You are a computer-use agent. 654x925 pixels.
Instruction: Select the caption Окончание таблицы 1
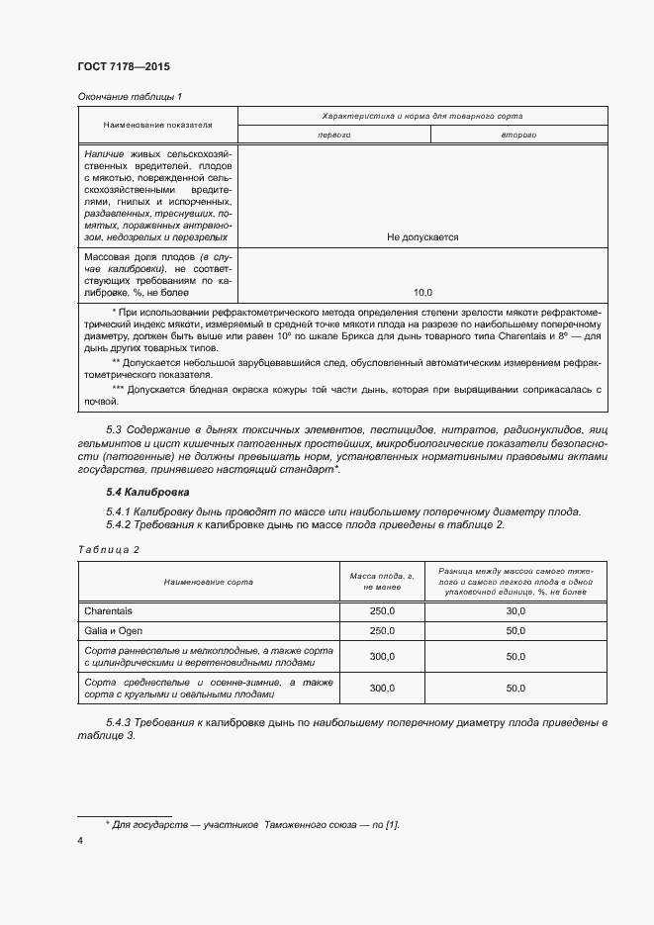coord(130,96)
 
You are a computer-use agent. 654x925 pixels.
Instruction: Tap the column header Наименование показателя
coord(158,126)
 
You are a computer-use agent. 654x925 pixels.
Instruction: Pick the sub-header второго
coord(517,135)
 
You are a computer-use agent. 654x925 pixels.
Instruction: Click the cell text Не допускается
coord(422,237)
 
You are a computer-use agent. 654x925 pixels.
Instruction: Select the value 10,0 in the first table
coord(422,292)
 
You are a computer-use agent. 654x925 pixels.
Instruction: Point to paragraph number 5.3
coord(114,430)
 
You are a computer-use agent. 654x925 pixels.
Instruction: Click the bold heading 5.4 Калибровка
coord(147,492)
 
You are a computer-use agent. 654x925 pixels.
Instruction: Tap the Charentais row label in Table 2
coord(108,611)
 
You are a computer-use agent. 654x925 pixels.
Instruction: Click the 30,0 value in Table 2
coord(514,611)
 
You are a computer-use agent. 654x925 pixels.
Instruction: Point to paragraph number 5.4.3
coord(121,722)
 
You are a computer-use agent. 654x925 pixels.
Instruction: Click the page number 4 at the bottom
coord(80,840)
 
